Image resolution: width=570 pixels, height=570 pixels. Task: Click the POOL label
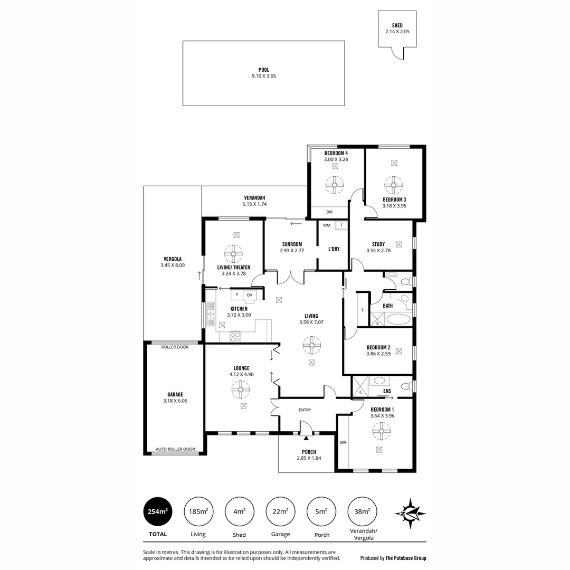click(x=263, y=70)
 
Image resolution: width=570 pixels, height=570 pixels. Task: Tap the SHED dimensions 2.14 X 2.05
click(x=397, y=32)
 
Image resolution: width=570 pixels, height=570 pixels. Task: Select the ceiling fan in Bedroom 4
click(x=335, y=185)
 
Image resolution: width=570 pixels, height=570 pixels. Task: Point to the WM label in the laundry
click(x=327, y=225)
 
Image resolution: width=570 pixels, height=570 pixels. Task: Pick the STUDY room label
click(x=378, y=244)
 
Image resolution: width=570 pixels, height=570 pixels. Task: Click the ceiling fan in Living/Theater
click(x=232, y=254)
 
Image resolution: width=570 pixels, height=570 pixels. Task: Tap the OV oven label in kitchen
click(x=250, y=294)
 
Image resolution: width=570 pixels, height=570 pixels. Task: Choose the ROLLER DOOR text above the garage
click(x=175, y=347)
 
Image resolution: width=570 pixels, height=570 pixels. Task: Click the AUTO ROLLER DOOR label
click(x=175, y=449)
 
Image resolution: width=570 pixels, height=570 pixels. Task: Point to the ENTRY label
click(x=305, y=410)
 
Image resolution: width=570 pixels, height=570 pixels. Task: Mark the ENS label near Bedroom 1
click(x=387, y=391)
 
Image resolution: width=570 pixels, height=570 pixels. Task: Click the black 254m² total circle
click(x=158, y=511)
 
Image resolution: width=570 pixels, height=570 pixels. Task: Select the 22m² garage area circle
click(x=280, y=511)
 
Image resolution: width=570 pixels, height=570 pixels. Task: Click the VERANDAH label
click(x=254, y=197)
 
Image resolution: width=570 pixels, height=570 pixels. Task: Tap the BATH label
click(x=388, y=306)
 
